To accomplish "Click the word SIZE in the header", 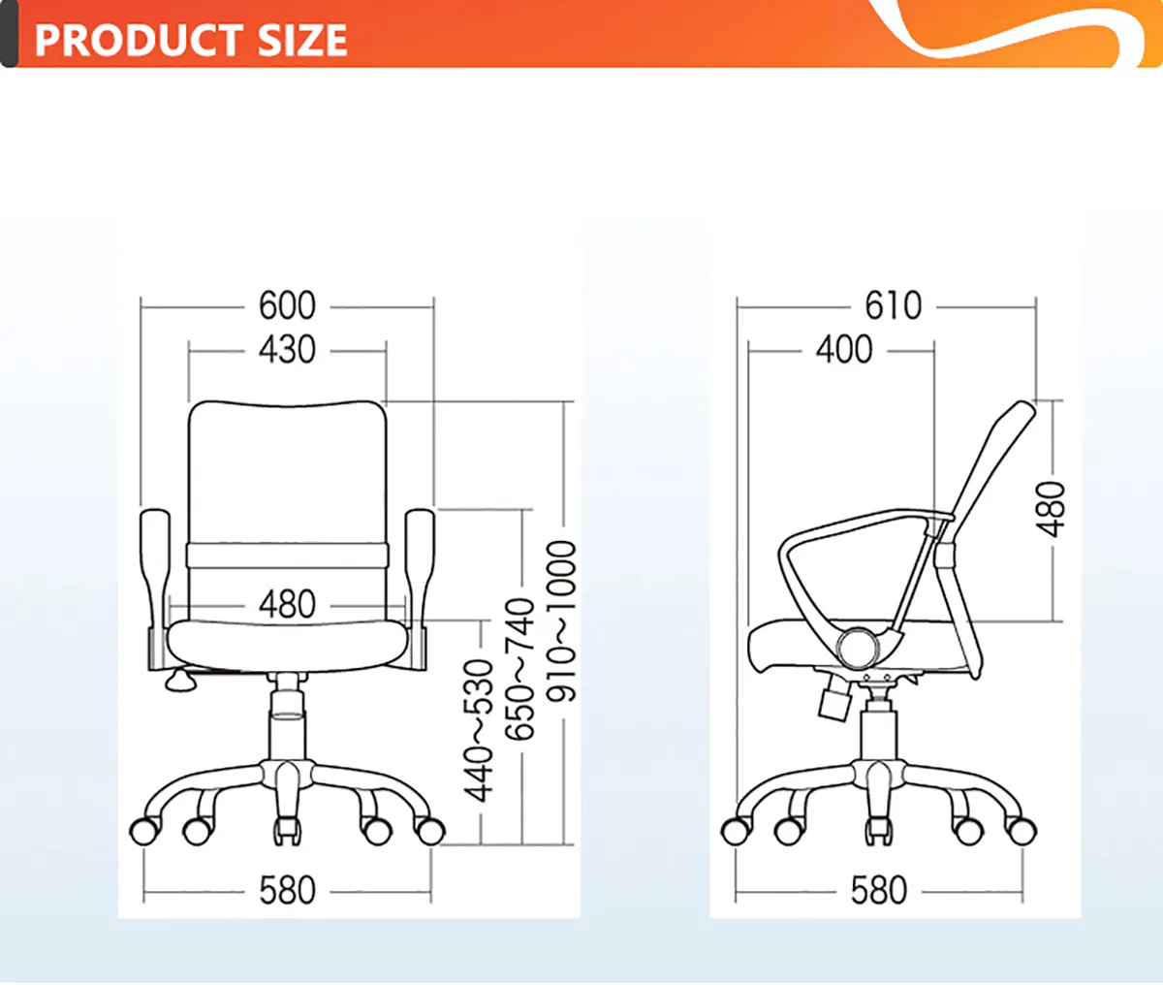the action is tap(302, 40).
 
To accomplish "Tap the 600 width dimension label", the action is tap(287, 306).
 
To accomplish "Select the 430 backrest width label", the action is tap(287, 350).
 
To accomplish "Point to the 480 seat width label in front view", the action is tap(287, 605).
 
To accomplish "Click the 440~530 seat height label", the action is tap(478, 731).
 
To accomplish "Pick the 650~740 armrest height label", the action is tap(519, 669).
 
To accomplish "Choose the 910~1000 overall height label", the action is tap(561, 621).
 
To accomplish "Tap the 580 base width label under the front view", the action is tap(287, 891).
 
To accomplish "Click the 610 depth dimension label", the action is tap(894, 306).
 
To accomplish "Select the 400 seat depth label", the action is tap(844, 350).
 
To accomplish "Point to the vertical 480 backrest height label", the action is tap(1050, 510).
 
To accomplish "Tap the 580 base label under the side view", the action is tap(879, 891).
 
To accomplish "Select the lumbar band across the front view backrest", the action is tap(287, 556).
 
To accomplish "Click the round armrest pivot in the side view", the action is tap(857, 648).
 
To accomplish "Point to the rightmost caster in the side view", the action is tap(1022, 831).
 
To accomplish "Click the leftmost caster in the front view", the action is tap(144, 831).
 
